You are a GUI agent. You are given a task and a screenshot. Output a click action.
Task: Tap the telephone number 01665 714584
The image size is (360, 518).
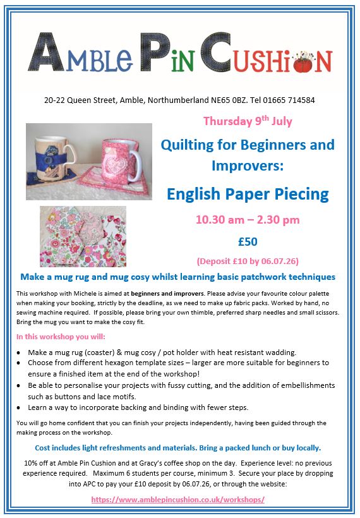pyautogui.click(x=290, y=100)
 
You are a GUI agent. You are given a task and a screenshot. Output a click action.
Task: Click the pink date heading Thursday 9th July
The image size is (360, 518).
pyautogui.click(x=248, y=121)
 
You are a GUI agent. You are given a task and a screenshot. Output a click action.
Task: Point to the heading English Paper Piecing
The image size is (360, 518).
pyautogui.click(x=248, y=193)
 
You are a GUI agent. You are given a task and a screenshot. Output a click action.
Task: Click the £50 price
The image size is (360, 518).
pyautogui.click(x=248, y=241)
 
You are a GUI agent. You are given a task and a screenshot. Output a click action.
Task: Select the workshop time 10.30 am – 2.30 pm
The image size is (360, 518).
pyautogui.click(x=248, y=220)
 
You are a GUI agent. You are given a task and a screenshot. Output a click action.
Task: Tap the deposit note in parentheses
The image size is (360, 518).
pyautogui.click(x=248, y=260)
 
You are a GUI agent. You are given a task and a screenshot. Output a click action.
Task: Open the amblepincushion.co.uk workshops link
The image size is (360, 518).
pyautogui.click(x=177, y=499)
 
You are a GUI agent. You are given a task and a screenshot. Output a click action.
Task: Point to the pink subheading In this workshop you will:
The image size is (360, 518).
pyautogui.click(x=61, y=336)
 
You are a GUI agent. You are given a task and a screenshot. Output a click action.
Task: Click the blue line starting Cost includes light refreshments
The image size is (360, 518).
pyautogui.click(x=177, y=448)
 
